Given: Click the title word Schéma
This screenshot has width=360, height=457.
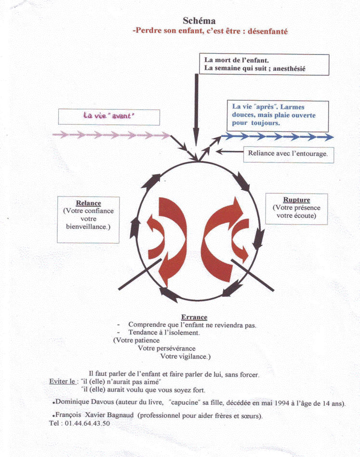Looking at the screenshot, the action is coord(199,21).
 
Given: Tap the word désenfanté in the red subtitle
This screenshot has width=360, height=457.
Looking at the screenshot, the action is coord(267,31).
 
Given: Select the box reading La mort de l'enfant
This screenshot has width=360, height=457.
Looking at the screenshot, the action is coord(264,65).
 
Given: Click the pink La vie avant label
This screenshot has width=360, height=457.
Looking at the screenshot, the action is coord(109,117).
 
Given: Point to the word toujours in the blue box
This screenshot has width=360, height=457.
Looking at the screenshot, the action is coord(266,123).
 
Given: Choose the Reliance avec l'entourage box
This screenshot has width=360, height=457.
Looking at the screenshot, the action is coord(288,154).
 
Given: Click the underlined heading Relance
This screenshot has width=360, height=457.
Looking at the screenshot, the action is coord(89,203).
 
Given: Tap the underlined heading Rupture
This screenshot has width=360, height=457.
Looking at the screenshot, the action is coord(296,200).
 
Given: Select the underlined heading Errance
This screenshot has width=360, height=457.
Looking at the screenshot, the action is coord(194,317).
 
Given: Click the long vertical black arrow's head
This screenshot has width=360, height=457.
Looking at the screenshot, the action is coord(196,137).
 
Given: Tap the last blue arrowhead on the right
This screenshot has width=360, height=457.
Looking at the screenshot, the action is coord(328,137).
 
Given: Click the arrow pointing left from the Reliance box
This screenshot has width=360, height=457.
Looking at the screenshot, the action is coord(229,151).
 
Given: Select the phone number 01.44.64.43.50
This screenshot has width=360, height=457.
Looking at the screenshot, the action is coord(87,423).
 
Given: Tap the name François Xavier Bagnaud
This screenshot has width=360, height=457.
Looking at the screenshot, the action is coord(94,415).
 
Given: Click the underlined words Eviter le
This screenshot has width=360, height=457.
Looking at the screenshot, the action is coord(62,381).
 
